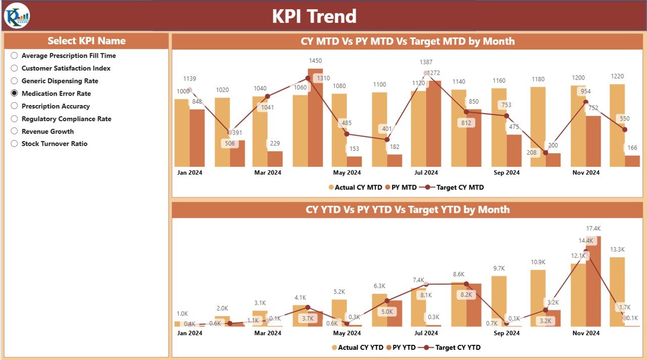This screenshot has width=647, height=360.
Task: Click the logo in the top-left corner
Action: (17, 16)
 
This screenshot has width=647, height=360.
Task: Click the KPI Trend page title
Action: (314, 16)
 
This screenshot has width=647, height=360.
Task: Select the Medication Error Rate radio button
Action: (14, 94)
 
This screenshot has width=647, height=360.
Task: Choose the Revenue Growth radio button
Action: (14, 131)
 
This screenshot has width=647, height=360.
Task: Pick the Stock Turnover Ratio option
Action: (14, 144)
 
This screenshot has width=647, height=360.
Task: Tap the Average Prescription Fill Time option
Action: (14, 56)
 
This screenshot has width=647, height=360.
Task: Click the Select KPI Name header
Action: (86, 41)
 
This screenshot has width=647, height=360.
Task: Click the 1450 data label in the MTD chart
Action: (315, 61)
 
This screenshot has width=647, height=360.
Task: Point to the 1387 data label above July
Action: (426, 62)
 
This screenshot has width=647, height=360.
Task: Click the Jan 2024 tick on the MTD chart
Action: (190, 172)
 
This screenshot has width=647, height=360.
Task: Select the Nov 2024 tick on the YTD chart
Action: (586, 333)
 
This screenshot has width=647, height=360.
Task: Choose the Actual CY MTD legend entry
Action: (355, 187)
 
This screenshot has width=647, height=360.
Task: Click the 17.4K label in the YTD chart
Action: (593, 229)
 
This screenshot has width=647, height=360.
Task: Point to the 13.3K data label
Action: (617, 249)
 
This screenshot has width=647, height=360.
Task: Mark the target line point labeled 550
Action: (625, 129)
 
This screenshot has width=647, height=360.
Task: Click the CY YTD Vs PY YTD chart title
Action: (407, 210)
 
